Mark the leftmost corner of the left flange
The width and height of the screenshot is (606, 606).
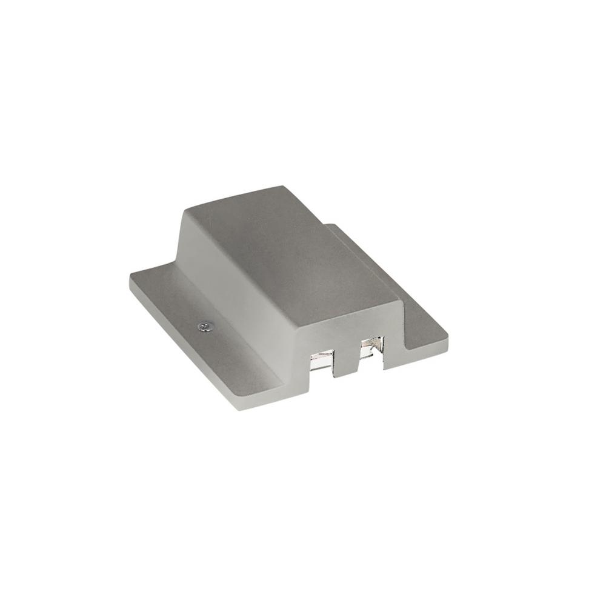pos(128,280)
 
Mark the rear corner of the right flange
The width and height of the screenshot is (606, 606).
pos(330,226)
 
